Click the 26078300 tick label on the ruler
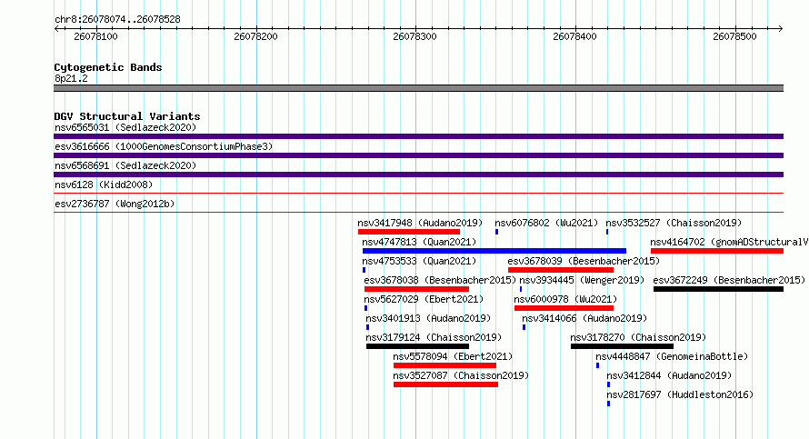(414, 36)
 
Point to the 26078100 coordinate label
(95, 36)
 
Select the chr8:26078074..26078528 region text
(117, 20)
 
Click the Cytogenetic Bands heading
(108, 67)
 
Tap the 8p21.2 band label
(71, 78)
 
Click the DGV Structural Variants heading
(127, 116)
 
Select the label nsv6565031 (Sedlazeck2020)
(125, 127)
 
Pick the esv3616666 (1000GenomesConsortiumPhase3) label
(164, 146)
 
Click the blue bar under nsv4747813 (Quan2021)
(494, 251)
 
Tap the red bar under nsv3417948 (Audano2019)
(409, 232)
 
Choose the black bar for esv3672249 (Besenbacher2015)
(718, 289)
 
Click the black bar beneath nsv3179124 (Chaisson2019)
(417, 346)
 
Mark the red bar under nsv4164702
(717, 251)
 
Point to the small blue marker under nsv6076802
(496, 232)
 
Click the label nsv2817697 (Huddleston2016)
(680, 394)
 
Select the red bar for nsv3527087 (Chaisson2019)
(445, 384)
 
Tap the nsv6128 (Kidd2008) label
(104, 185)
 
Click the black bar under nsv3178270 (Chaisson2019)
(622, 346)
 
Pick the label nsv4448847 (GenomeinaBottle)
(672, 356)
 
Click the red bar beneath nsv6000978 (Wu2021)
(564, 308)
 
